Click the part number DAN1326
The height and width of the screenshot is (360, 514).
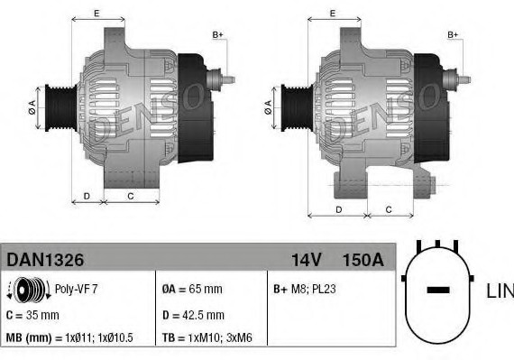(x=46, y=260)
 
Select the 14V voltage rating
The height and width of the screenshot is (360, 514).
(x=307, y=260)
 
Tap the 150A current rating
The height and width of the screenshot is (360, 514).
(x=363, y=260)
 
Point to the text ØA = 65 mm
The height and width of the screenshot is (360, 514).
(x=192, y=290)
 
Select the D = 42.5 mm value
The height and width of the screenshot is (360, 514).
(x=192, y=315)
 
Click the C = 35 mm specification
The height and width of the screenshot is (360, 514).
(x=32, y=315)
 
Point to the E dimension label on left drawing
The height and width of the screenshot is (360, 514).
(x=96, y=14)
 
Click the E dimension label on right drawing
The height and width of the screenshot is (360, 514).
(x=333, y=14)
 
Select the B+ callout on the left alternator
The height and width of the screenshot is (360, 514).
(x=217, y=34)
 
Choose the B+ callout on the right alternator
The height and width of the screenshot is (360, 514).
(x=454, y=34)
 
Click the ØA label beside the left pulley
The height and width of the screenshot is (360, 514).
(x=32, y=106)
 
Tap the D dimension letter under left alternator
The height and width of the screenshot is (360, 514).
(x=87, y=196)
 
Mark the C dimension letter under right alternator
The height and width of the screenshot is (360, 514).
(x=388, y=209)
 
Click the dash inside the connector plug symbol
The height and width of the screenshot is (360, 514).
(x=437, y=291)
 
